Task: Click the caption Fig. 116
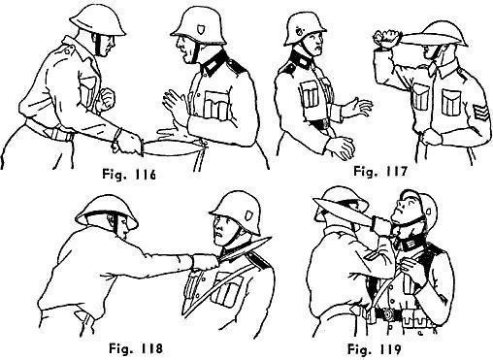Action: pos(129,175)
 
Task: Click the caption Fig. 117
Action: pos(379,171)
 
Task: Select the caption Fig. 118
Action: pos(136,348)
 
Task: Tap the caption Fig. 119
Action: pos(375,349)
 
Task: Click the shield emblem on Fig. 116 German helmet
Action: pos(200,30)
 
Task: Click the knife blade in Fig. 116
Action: pos(172,148)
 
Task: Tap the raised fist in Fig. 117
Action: pos(386,38)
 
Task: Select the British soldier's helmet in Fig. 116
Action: pos(97,20)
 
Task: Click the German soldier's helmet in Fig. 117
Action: pos(304,28)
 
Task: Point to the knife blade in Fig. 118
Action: pos(245,250)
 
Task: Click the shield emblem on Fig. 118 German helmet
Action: pos(248,215)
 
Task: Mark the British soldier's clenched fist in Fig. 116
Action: pos(107,96)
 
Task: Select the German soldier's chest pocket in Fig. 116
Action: pos(216,104)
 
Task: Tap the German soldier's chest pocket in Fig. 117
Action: pos(310,94)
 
